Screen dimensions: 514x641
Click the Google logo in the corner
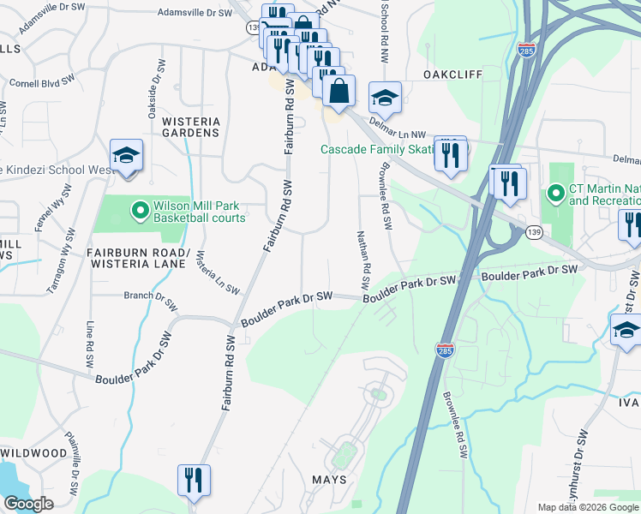pyautogui.click(x=27, y=504)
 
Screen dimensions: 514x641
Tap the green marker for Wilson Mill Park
pyautogui.click(x=140, y=209)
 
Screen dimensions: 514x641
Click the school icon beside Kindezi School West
pyautogui.click(x=126, y=156)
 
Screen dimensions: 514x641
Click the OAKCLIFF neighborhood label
pyautogui.click(x=452, y=75)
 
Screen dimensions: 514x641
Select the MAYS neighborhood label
pyautogui.click(x=328, y=480)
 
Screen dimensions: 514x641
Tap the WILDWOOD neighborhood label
pyautogui.click(x=34, y=452)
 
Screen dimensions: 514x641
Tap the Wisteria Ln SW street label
pyautogui.click(x=218, y=272)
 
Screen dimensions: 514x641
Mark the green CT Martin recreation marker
pyautogui.click(x=556, y=194)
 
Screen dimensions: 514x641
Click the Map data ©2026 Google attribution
pyautogui.click(x=588, y=507)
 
